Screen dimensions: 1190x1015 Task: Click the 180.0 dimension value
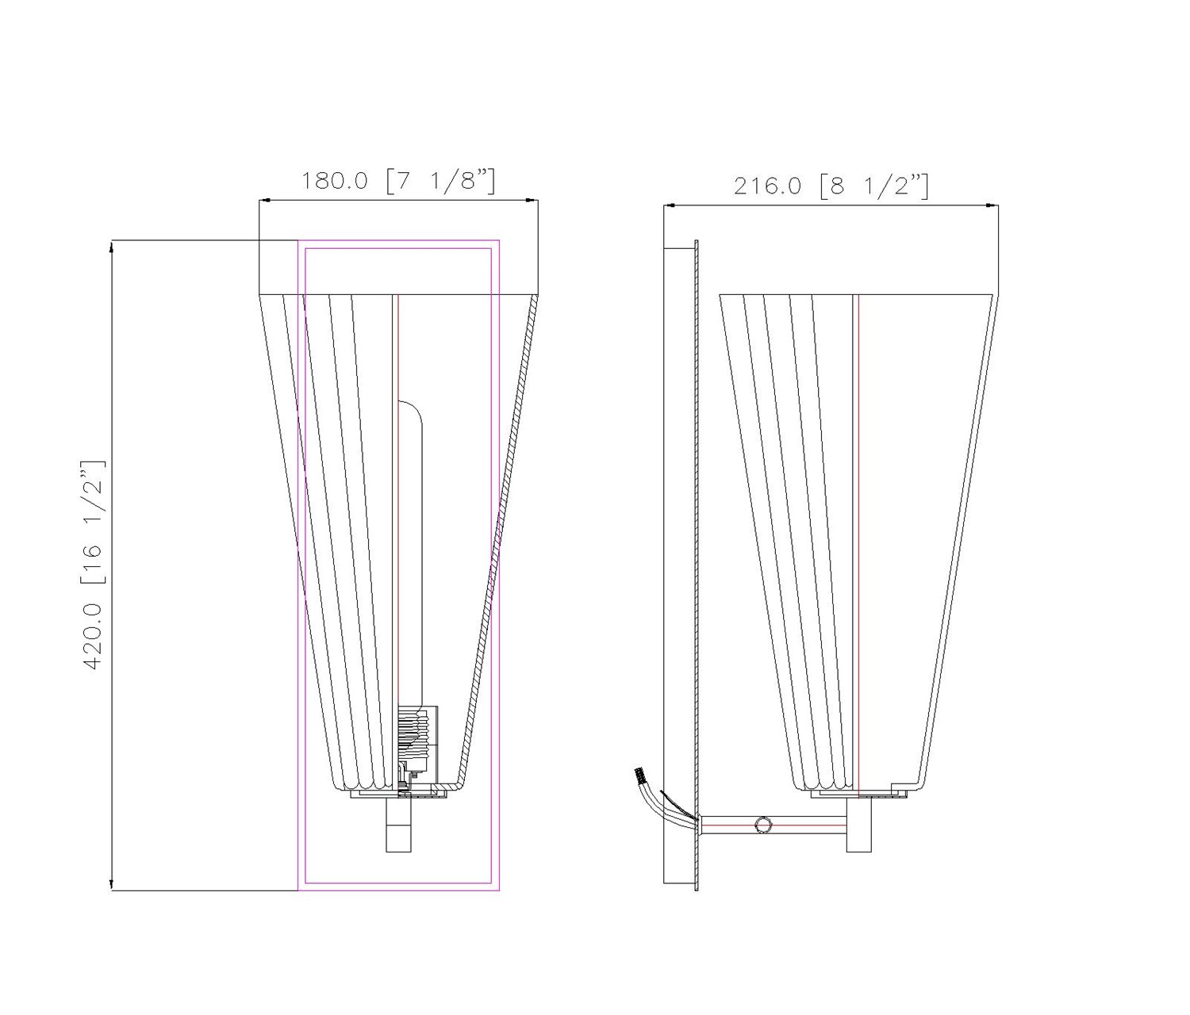(335, 182)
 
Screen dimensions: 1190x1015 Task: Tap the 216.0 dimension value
(767, 186)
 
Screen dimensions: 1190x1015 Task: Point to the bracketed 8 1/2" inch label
(874, 186)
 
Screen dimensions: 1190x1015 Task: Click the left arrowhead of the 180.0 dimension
(265, 201)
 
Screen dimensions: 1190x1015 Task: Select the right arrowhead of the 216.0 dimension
(992, 205)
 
